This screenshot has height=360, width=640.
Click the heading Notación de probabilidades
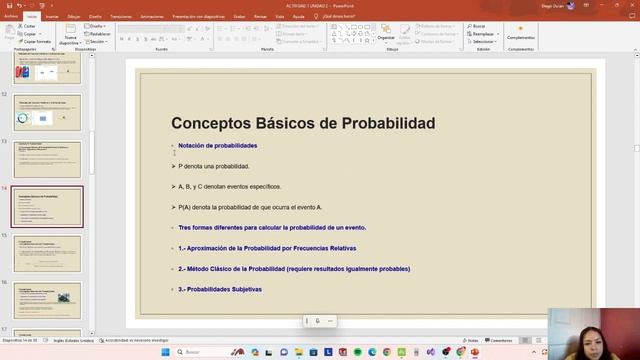point(217,146)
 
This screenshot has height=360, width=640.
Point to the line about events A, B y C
point(229,186)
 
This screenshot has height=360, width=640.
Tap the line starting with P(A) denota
point(250,207)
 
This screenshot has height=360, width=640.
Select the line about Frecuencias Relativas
point(267,248)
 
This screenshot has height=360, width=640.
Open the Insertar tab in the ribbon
point(52,17)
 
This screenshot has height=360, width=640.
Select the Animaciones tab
point(153,17)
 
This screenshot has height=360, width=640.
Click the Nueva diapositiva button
point(70,37)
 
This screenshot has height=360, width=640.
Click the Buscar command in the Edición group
point(479,26)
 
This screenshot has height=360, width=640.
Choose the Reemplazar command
point(483,34)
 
